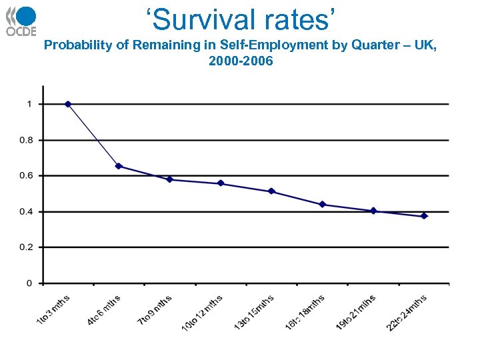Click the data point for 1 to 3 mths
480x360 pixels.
68,104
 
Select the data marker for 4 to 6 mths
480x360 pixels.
119,166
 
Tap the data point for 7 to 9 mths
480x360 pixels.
170,179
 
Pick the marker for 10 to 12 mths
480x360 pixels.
221,183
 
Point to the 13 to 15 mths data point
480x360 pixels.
271,191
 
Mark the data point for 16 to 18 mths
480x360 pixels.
323,205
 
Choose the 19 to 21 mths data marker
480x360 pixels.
373,211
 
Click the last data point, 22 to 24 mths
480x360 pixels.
424,216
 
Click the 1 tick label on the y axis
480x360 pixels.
29,104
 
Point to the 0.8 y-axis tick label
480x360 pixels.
25,140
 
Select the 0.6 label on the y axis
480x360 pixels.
25,176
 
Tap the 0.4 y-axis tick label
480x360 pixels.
25,212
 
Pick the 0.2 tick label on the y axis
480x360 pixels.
25,247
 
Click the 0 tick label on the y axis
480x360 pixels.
29,283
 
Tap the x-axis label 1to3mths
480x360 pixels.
53,310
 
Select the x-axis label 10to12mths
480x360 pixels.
202,313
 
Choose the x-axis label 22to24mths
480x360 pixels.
406,313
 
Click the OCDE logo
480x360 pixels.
21,21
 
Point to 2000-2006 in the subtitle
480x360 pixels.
240,61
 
